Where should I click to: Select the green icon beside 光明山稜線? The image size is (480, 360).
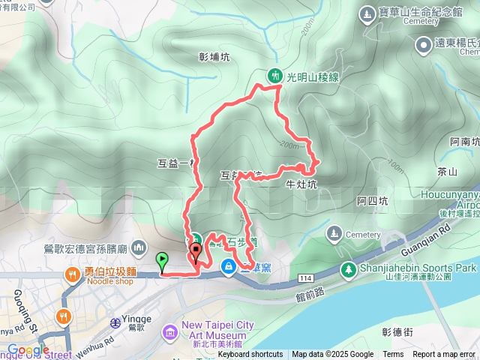point(276,75)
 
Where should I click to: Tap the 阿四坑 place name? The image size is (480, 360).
point(372,200)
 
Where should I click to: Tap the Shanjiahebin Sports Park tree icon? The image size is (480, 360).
point(348,268)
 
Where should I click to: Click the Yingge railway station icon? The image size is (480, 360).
point(115,322)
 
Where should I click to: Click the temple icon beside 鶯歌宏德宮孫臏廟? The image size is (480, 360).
point(138,247)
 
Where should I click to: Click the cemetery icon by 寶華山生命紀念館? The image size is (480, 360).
point(366,13)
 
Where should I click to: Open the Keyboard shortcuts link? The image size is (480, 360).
point(250,355)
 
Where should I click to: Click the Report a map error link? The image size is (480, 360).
point(443,355)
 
